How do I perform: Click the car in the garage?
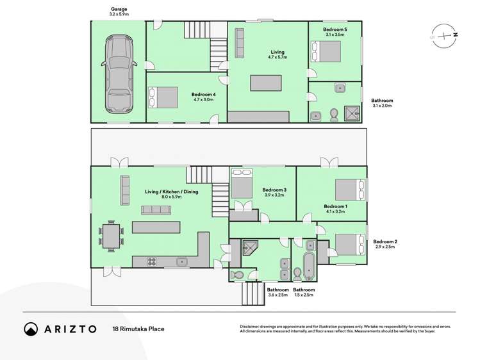(119, 72)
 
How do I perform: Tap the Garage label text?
(119, 10)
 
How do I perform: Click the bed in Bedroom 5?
(326, 51)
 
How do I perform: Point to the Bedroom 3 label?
(274, 190)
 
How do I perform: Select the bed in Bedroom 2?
(347, 244)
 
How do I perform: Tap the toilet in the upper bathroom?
(333, 114)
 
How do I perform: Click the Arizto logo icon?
(31, 329)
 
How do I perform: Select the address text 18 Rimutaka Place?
(138, 329)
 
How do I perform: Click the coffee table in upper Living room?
(265, 83)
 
